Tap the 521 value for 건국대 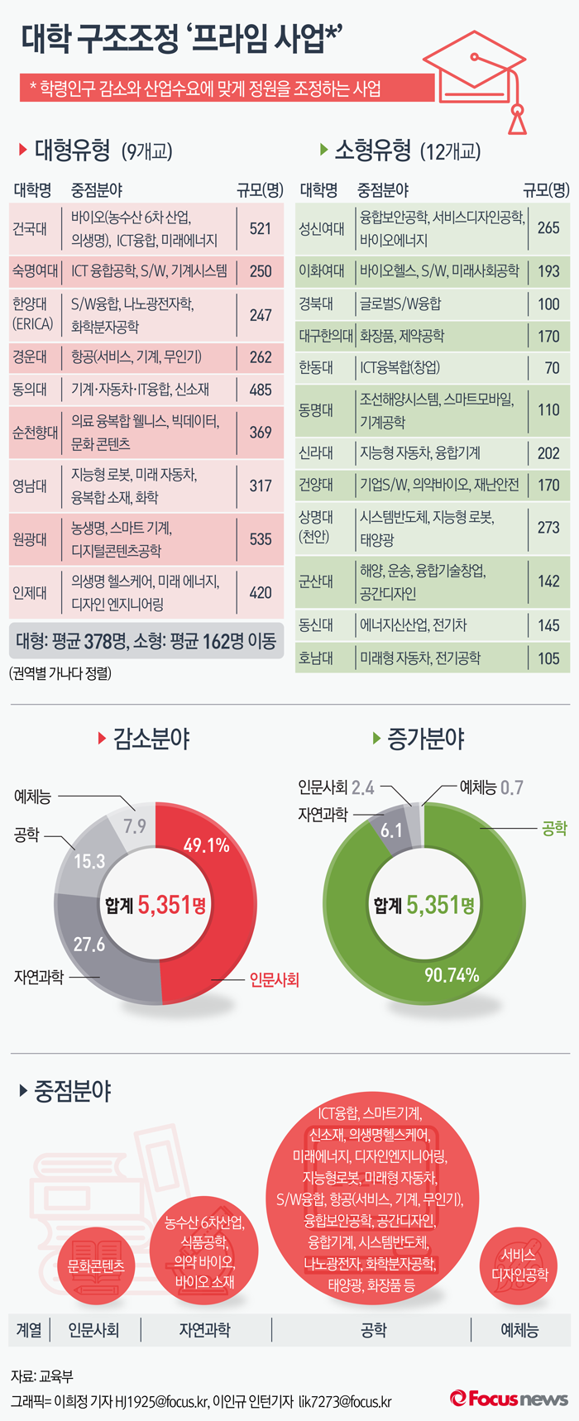[261, 228]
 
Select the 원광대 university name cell [30, 539]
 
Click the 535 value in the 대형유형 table [261, 539]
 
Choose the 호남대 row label [316, 658]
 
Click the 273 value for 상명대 [548, 527]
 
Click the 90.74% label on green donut [452, 975]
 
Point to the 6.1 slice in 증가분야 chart [390, 830]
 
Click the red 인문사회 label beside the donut [274, 980]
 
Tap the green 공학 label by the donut [554, 828]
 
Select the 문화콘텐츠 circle [96, 1266]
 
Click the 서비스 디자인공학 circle [519, 1266]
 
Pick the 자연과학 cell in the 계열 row [204, 1330]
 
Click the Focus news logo [509, 1399]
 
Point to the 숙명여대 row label [35, 271]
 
